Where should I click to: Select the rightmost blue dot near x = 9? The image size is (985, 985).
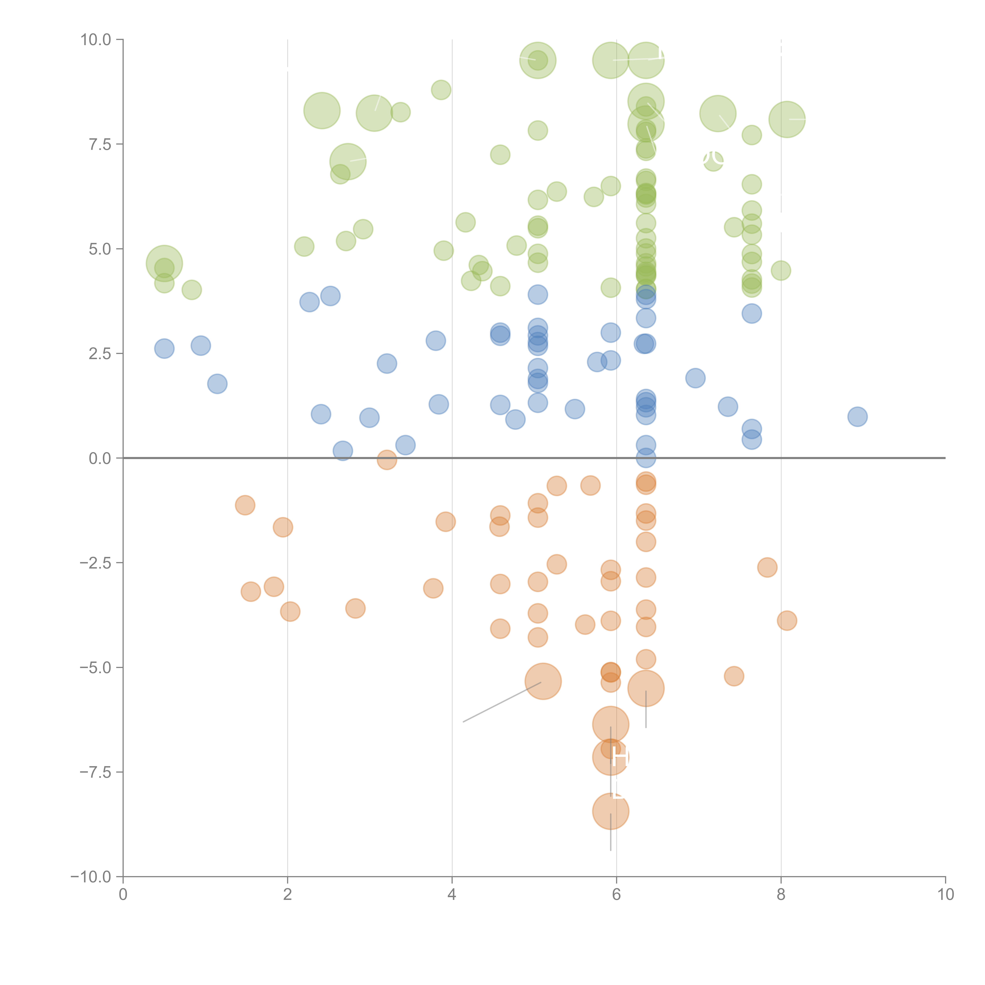[x=857, y=416]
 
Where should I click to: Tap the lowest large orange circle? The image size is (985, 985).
[x=610, y=811]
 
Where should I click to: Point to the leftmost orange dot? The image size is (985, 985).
[x=245, y=505]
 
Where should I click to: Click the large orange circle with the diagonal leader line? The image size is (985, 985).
[x=543, y=682]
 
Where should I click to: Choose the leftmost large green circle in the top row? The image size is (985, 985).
[x=537, y=60]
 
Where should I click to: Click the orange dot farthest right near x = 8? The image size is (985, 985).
[x=787, y=621]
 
